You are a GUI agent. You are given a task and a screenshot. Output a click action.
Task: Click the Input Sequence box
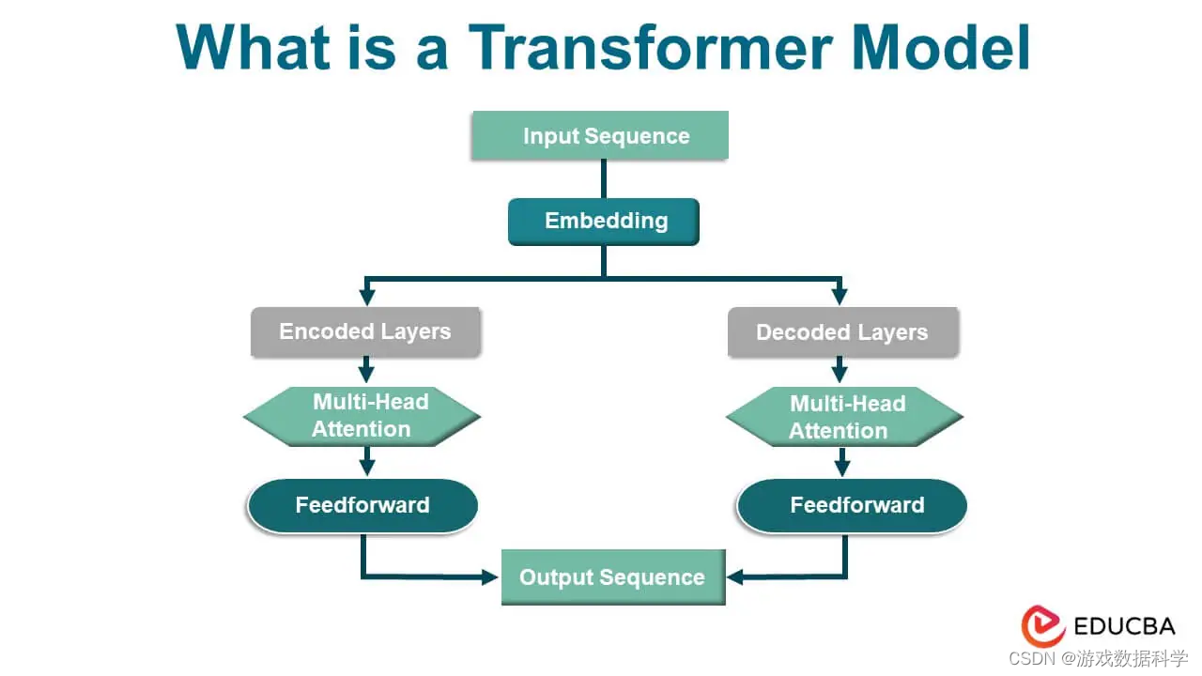600,135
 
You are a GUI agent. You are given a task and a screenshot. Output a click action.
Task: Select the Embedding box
604,222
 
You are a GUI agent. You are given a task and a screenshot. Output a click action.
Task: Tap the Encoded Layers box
365,331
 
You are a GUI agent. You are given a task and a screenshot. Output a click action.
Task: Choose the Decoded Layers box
843,332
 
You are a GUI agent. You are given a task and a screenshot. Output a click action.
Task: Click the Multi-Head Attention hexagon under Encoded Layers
362,416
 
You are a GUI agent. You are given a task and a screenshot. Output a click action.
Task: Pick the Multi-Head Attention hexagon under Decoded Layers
844,417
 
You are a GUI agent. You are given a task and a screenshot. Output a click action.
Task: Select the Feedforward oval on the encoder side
362,505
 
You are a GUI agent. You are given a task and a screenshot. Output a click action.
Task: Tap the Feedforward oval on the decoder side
852,505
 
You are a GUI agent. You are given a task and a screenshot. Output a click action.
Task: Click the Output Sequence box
613,577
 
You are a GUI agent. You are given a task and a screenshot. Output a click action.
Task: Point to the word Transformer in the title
651,47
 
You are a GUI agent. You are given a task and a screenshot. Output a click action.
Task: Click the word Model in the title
941,47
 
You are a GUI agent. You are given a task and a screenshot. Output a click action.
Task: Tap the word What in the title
253,47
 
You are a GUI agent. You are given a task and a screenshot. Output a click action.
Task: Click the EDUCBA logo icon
1042,626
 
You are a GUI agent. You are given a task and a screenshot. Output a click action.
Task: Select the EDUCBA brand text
1125,626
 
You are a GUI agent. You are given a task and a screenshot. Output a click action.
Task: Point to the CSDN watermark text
1098,658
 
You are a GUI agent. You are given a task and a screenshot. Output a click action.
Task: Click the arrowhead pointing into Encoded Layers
367,297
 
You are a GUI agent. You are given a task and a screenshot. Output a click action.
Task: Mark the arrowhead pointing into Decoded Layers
840,297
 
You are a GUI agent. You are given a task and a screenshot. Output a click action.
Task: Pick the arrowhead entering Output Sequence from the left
490,577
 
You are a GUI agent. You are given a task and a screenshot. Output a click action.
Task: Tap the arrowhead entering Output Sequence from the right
735,577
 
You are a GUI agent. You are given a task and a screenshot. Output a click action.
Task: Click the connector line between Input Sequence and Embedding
604,178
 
